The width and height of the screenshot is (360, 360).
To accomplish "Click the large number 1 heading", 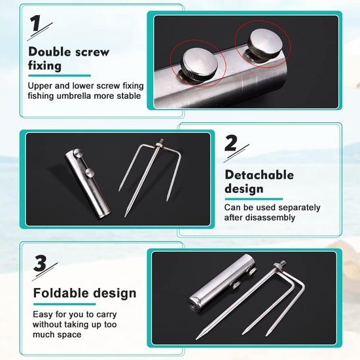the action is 36,24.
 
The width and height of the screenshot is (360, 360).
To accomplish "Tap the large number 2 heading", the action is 231,143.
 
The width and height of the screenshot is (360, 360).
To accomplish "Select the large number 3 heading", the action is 40,263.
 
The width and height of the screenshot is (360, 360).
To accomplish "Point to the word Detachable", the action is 259,175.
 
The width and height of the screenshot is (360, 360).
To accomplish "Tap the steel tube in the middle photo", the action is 88,184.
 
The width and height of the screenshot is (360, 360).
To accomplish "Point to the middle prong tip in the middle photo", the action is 126,216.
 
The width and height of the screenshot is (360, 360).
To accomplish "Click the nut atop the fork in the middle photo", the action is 159,144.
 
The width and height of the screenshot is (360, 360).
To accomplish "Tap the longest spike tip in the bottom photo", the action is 197,338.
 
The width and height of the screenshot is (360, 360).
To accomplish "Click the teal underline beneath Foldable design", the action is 64,304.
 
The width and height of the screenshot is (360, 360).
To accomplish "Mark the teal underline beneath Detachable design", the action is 254,199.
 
